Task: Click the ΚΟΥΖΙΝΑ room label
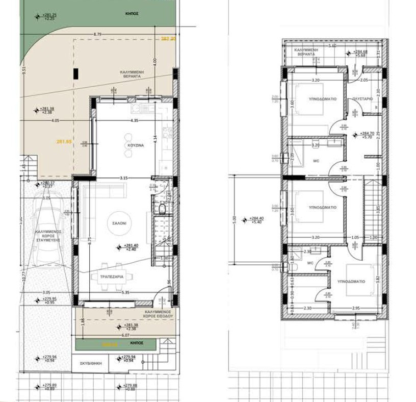tap(136, 145)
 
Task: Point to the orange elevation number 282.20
tap(168, 38)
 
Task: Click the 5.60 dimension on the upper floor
tap(332, 46)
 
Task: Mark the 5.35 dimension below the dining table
tap(125, 293)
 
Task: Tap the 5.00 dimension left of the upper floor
tap(234, 219)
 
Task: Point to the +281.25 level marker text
tap(49, 16)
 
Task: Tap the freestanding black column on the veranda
tap(75, 73)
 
